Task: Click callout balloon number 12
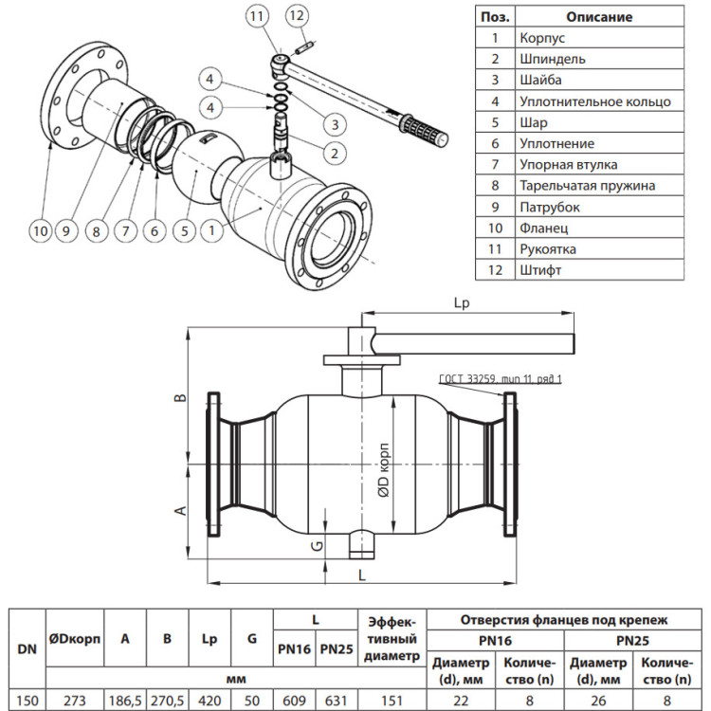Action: pos(297,16)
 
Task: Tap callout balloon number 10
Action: pos(41,230)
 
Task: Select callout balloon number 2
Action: pos(335,153)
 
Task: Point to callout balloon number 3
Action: pos(335,124)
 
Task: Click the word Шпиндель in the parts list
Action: pos(553,59)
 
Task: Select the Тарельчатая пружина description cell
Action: pos(599,186)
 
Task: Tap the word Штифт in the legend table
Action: pos(540,270)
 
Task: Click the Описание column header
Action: pos(599,17)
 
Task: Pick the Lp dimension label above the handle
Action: pos(462,303)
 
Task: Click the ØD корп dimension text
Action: pos(384,470)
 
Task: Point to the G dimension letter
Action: pos(318,545)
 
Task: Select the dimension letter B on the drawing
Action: pos(180,397)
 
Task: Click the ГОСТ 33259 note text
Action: pos(501,378)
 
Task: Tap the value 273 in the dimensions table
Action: pos(74,701)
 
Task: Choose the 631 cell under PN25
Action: pos(337,701)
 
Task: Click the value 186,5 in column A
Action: pos(125,701)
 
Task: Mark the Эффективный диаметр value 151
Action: pos(392,701)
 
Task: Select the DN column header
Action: pos(27,648)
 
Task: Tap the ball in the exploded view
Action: pos(199,168)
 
